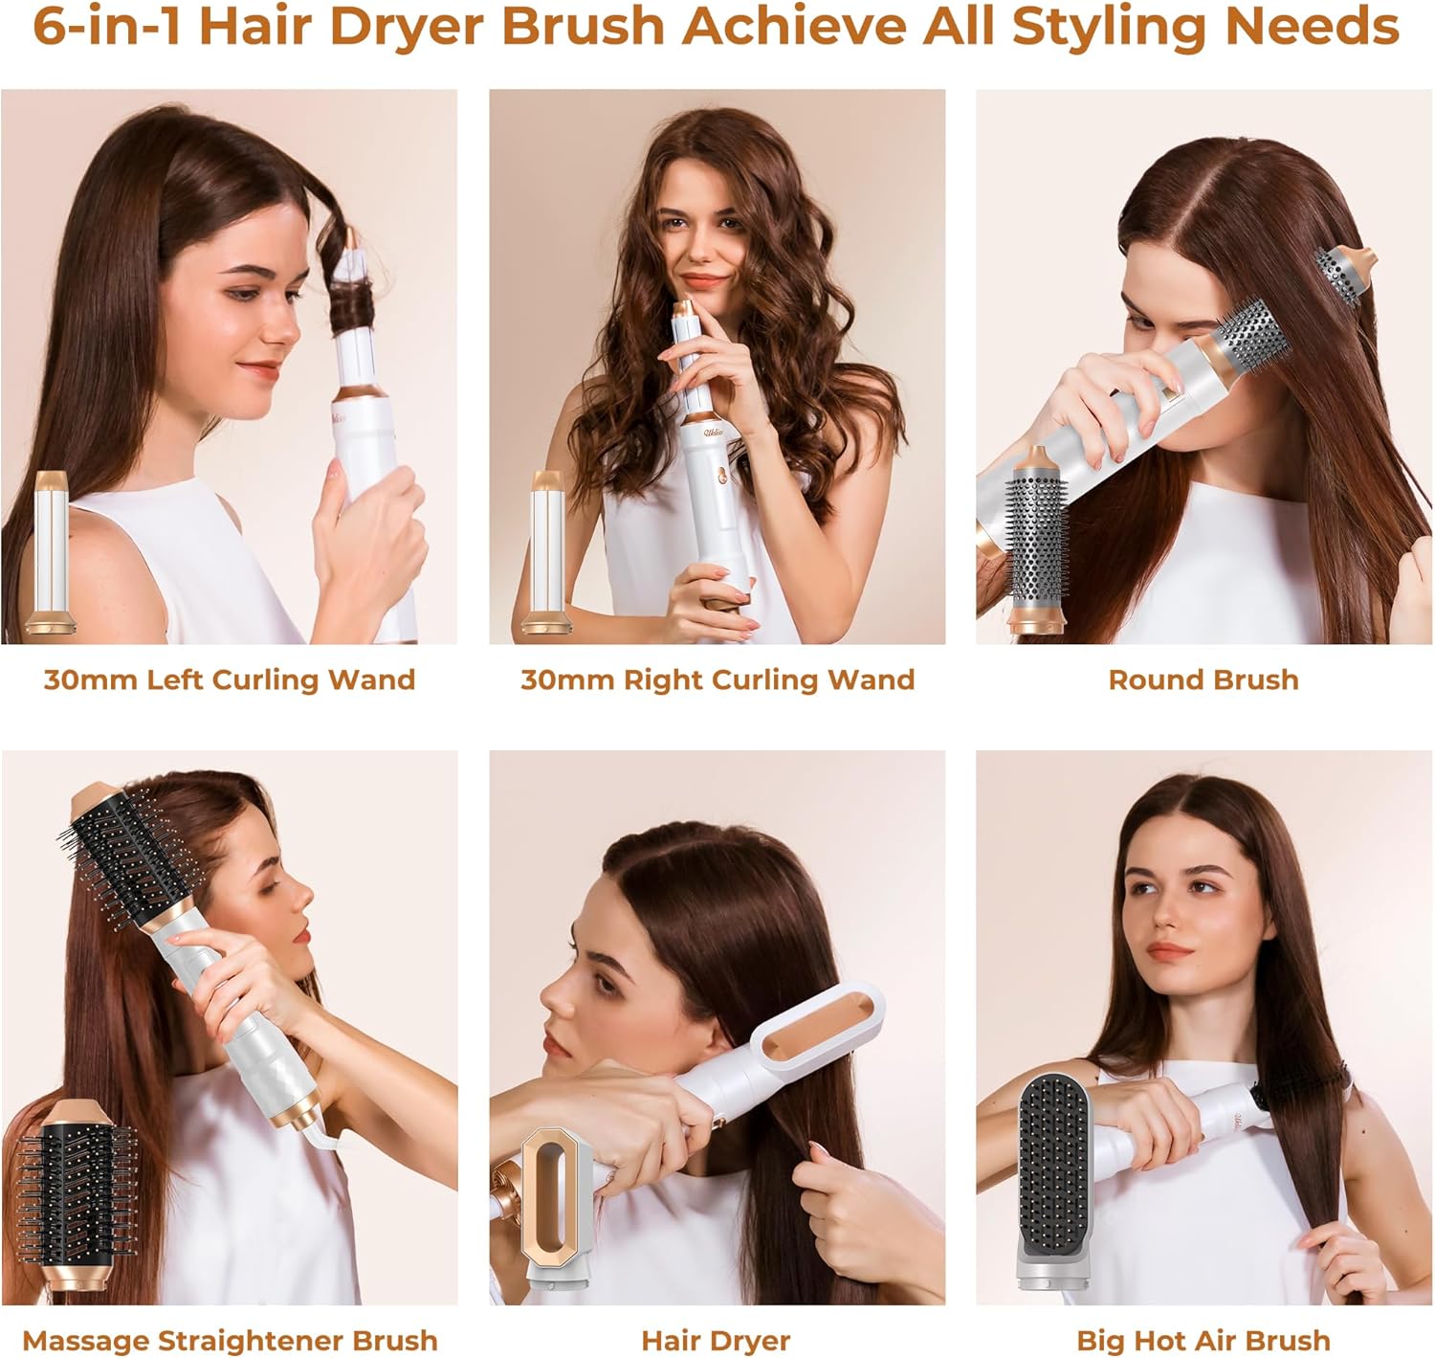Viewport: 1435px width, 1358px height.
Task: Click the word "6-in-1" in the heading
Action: click(x=107, y=27)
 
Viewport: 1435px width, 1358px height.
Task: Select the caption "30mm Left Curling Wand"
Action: click(x=230, y=679)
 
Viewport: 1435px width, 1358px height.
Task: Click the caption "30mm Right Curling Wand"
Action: click(x=717, y=679)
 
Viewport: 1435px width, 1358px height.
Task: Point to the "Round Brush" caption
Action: click(x=1203, y=679)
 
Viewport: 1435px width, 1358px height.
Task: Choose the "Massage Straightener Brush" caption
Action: click(x=230, y=1341)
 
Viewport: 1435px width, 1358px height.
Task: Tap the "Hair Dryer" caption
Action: click(x=716, y=1341)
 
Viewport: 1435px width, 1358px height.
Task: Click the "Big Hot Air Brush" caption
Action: click(x=1203, y=1341)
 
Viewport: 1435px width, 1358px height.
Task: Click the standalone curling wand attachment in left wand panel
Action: click(x=51, y=553)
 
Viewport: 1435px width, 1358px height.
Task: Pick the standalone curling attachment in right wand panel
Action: click(x=546, y=553)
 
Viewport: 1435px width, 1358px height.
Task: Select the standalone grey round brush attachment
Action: click(x=1036, y=541)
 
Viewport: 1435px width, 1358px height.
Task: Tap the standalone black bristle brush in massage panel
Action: click(x=77, y=1196)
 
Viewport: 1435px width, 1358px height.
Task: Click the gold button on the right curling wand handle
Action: click(x=722, y=476)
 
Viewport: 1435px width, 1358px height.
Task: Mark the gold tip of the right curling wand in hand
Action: click(x=685, y=309)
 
